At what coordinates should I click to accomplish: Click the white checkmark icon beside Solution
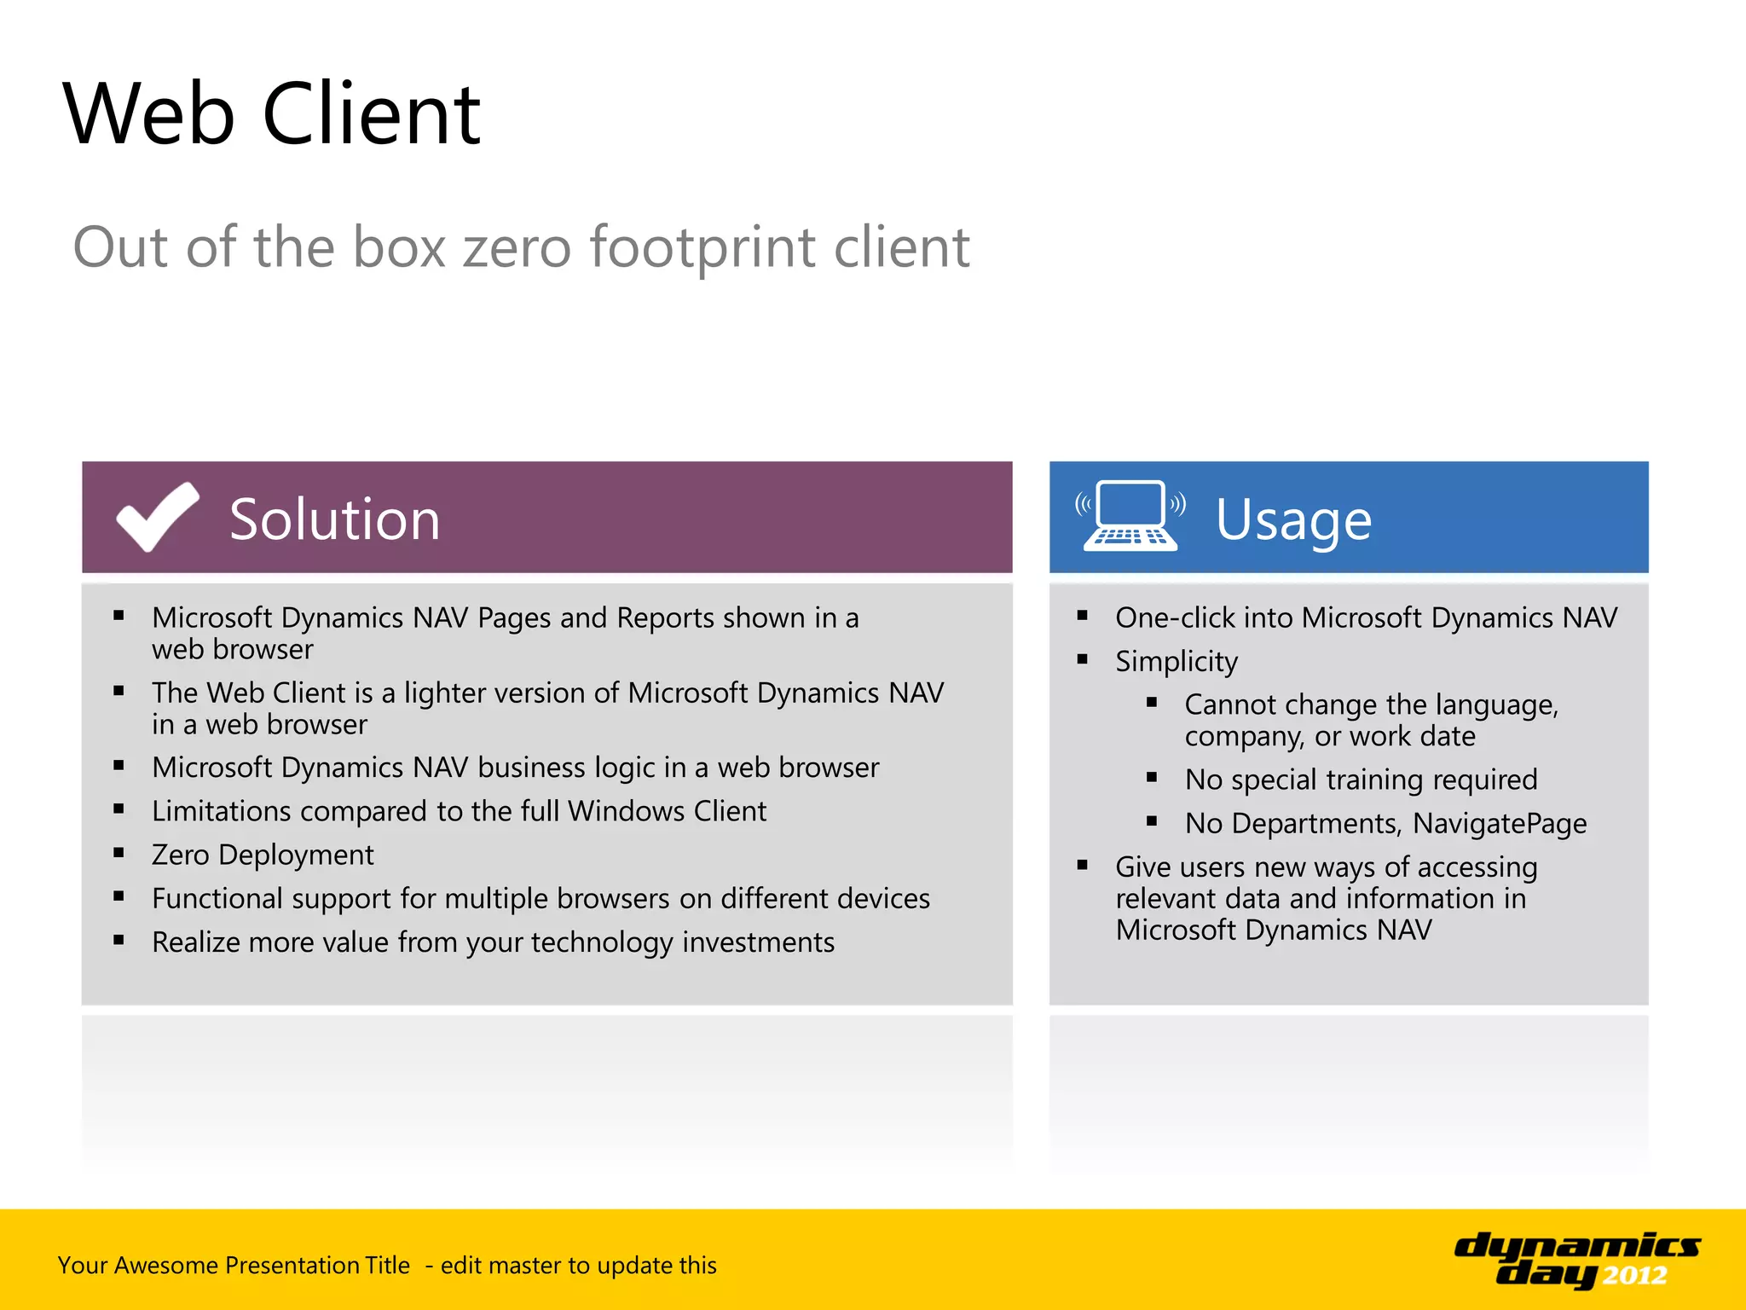click(158, 517)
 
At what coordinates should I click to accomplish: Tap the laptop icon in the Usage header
click(1130, 515)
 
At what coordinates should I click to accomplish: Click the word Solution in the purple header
click(334, 519)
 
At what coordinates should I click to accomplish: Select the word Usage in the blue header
click(1292, 519)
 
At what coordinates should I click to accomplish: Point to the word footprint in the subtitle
click(702, 247)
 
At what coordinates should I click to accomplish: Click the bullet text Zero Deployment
click(263, 855)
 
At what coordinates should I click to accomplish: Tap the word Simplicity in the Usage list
click(1177, 662)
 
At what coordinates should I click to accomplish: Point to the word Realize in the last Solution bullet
click(195, 942)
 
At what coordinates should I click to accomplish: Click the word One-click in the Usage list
click(1174, 617)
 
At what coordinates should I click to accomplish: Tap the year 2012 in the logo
click(1633, 1276)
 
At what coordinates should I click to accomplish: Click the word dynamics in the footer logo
click(1576, 1247)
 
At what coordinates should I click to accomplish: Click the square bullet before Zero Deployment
click(119, 853)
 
